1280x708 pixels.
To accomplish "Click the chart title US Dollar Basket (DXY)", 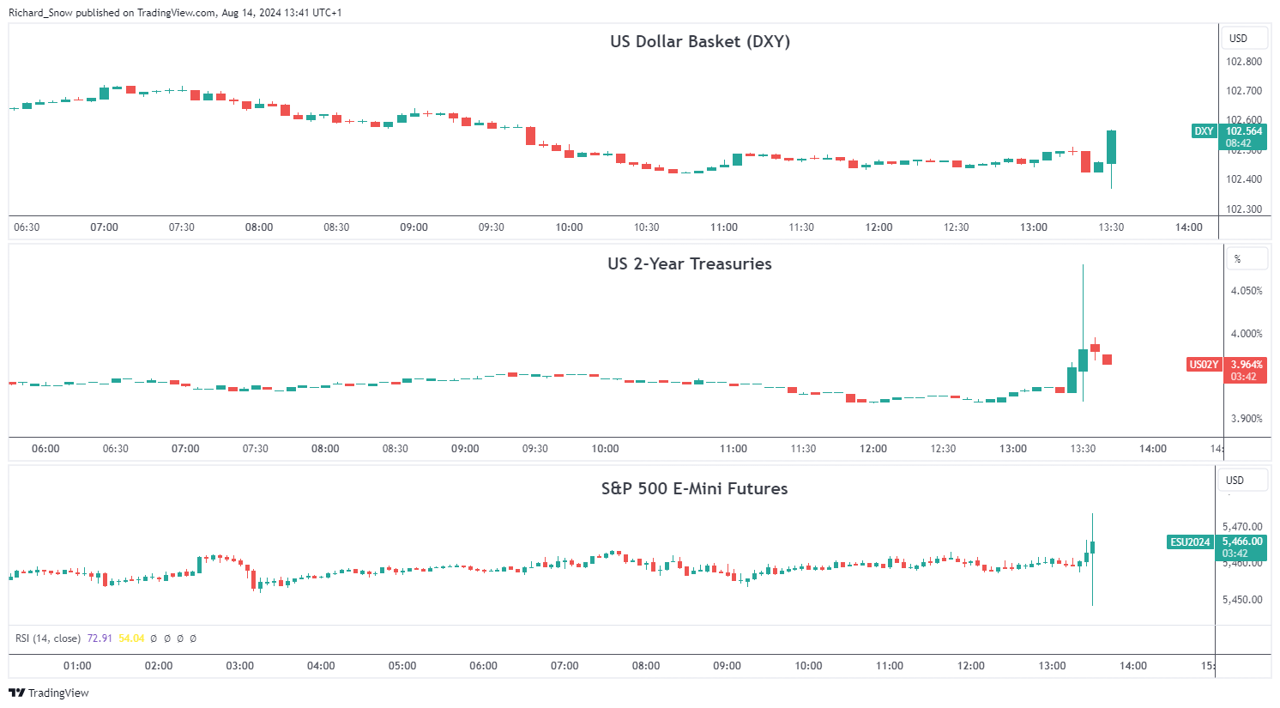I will coord(699,41).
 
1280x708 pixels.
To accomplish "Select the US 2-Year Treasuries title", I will coord(689,263).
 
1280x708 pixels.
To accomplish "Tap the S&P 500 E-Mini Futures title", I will coord(694,488).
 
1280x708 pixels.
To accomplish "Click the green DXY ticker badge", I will coord(1204,131).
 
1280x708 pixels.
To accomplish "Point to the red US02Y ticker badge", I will coord(1203,365).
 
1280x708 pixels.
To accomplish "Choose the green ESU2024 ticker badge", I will coord(1190,542).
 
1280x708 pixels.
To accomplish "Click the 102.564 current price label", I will coord(1244,131).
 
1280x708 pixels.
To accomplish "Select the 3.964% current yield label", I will coord(1246,365).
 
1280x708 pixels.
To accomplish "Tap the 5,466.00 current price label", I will coord(1242,542).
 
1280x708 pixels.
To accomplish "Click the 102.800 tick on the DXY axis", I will coord(1243,62).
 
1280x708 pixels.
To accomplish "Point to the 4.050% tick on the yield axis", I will coord(1247,291).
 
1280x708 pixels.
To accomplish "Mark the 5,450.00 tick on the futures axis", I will coord(1242,600).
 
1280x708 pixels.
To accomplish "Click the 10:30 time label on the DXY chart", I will coord(646,227).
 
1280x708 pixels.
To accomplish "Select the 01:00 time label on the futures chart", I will coord(77,666).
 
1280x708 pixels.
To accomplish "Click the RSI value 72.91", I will coord(100,638).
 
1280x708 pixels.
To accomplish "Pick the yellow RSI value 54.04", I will coord(131,638).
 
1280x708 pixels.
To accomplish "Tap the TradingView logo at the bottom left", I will coord(49,693).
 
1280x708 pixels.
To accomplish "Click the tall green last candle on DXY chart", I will coord(1111,147).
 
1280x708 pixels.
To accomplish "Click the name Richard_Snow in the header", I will coord(40,13).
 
